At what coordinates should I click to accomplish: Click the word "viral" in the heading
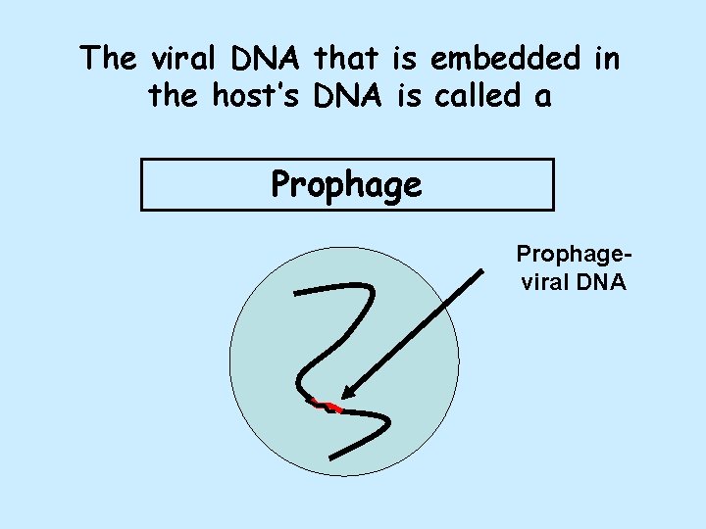(x=185, y=59)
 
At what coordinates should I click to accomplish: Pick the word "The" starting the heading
(x=110, y=59)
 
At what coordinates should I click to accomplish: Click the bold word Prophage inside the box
(x=346, y=184)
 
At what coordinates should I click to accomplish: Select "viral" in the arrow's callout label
(x=545, y=283)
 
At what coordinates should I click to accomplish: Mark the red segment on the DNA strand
(x=327, y=406)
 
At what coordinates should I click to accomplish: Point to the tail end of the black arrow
(x=482, y=273)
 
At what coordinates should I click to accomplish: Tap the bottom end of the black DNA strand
(x=332, y=457)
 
